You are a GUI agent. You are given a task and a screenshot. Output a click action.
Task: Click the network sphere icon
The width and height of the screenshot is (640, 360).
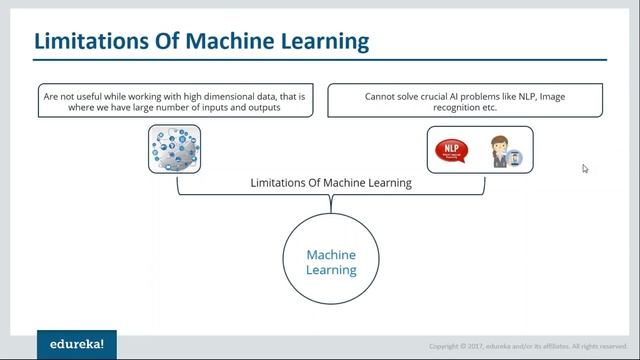tap(174, 149)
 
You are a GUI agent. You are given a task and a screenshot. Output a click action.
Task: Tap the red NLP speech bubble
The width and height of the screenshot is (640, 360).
tap(453, 152)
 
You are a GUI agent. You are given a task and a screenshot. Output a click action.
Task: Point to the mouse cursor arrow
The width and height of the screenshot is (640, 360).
tap(585, 168)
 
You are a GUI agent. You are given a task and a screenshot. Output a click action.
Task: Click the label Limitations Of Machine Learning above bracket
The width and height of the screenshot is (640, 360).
tap(331, 183)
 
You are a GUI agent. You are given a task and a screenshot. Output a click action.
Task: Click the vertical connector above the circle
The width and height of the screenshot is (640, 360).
tap(331, 204)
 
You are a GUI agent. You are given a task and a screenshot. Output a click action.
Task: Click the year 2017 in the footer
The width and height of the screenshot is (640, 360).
tap(474, 346)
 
